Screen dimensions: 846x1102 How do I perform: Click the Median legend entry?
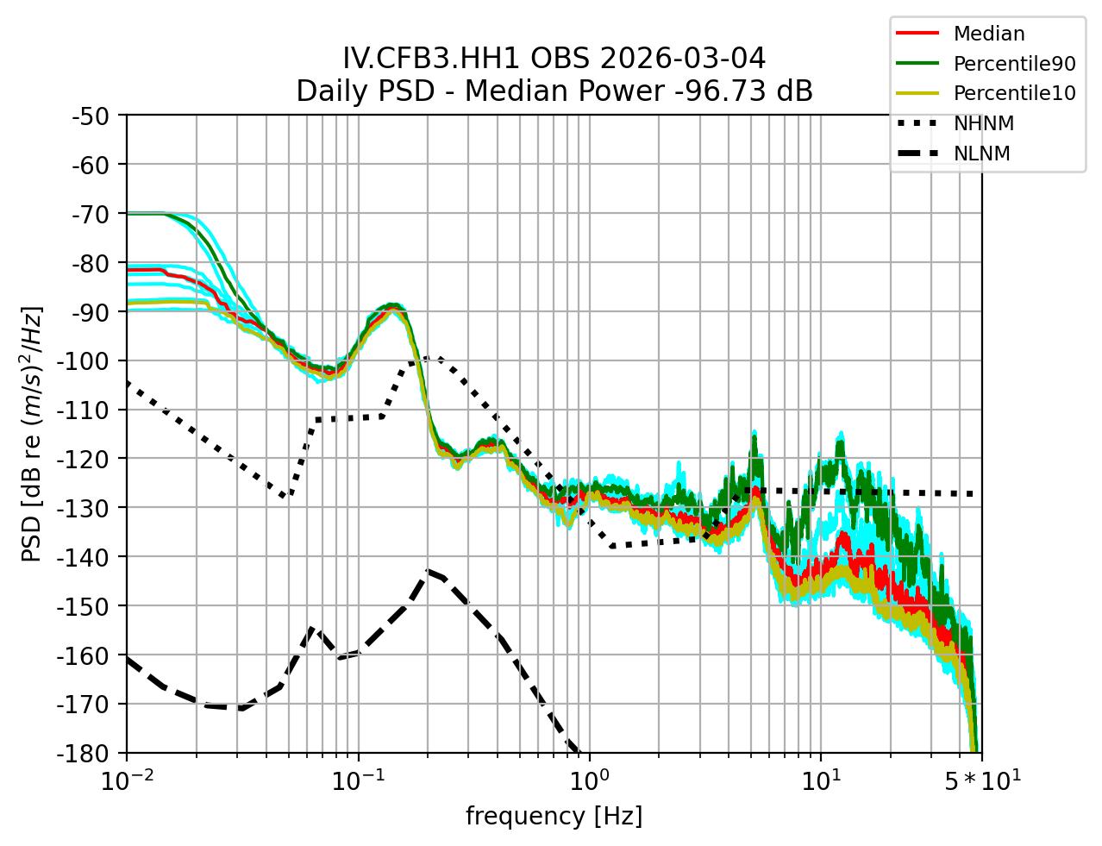pos(988,34)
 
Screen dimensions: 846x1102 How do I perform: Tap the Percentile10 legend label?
pos(1014,93)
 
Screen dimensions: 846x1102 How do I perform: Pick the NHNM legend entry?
pos(983,123)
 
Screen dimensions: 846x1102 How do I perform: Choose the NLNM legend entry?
pos(981,154)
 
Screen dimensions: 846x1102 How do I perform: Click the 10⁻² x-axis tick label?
pos(127,781)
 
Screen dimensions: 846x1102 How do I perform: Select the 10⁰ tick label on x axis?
pos(589,781)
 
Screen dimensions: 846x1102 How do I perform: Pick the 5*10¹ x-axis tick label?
pos(980,781)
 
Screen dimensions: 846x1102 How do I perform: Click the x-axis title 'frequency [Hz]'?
pos(554,816)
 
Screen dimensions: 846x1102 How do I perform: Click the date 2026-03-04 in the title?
pos(680,59)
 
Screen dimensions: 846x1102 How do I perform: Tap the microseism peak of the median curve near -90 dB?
pos(393,307)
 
